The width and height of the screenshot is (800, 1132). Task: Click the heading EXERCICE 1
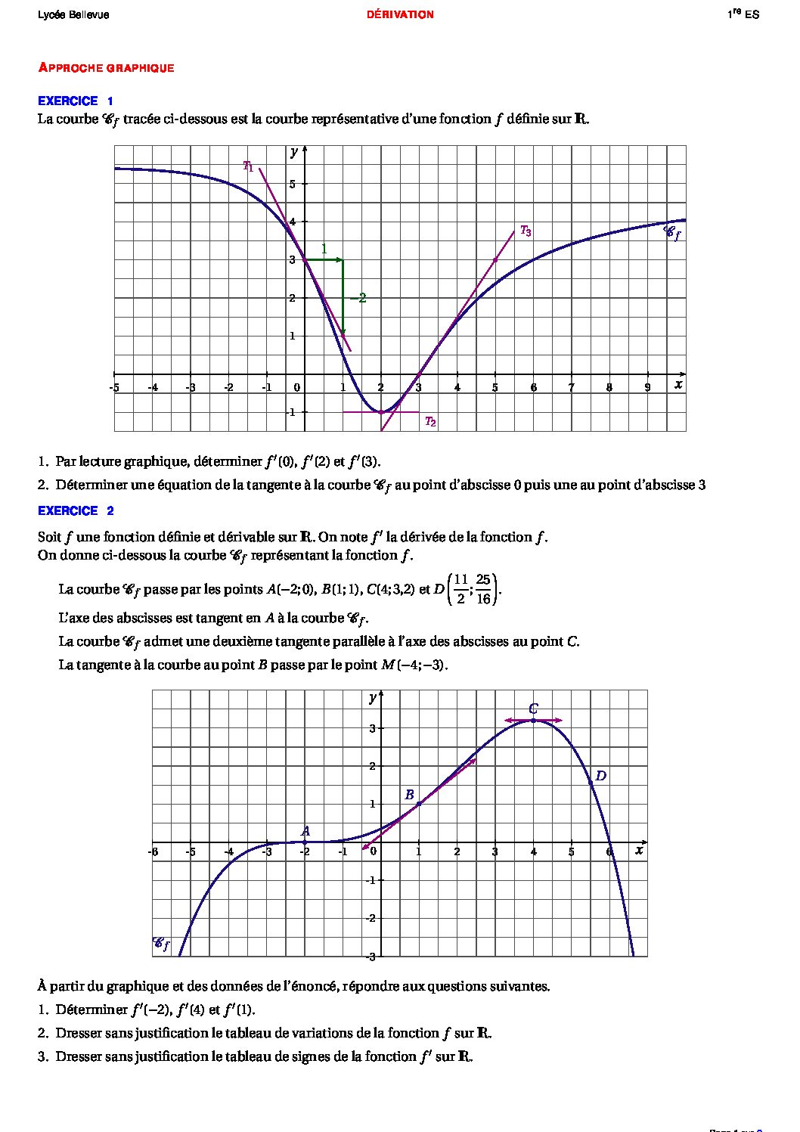pyautogui.click(x=76, y=101)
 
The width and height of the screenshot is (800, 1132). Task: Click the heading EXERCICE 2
pyautogui.click(x=76, y=510)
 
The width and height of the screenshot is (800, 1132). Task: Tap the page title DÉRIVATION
pyautogui.click(x=400, y=14)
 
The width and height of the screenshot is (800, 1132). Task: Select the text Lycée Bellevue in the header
pyautogui.click(x=73, y=14)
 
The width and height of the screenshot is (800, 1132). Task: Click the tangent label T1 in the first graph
pyautogui.click(x=248, y=166)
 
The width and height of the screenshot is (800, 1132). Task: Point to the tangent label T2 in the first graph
pyautogui.click(x=429, y=422)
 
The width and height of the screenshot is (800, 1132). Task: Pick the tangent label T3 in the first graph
pyautogui.click(x=526, y=231)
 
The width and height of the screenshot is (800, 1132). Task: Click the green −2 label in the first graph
pyautogui.click(x=358, y=298)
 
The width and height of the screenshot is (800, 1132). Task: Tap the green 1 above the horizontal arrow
pyautogui.click(x=324, y=249)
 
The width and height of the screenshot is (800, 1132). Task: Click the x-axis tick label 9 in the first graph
pyautogui.click(x=647, y=387)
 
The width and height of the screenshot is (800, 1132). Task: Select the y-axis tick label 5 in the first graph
pyautogui.click(x=293, y=184)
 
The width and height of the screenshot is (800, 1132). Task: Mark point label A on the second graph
pyautogui.click(x=305, y=831)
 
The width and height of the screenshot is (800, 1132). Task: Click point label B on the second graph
pyautogui.click(x=409, y=795)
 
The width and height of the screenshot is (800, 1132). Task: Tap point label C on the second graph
pyautogui.click(x=533, y=709)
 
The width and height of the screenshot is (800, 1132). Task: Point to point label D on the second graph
pyautogui.click(x=600, y=776)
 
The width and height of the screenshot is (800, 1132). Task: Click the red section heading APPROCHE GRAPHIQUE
pyautogui.click(x=106, y=68)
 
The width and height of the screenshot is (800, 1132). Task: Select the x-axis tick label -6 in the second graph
pyautogui.click(x=153, y=852)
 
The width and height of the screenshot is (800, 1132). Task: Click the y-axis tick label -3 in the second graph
pyautogui.click(x=371, y=957)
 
